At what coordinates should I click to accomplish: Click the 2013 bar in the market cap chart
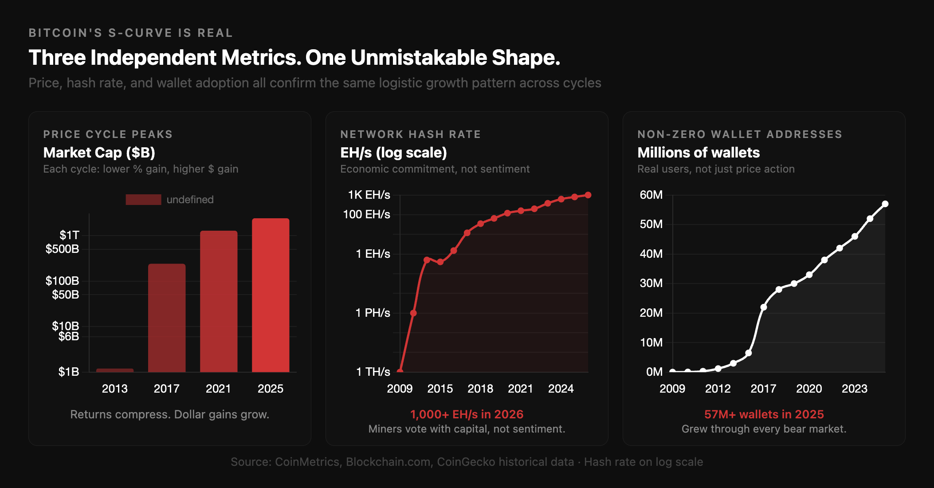[x=115, y=370]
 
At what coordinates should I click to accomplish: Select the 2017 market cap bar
[x=167, y=318]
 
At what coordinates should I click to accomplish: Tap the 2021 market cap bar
[x=219, y=301]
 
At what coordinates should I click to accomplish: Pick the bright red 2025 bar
[x=271, y=295]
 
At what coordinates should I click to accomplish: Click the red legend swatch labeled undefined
[x=143, y=200]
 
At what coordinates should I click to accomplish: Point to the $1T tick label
[x=70, y=235]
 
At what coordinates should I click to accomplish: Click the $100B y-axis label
[x=62, y=281]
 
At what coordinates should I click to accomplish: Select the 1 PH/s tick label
[x=373, y=313]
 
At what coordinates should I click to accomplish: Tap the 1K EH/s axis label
[x=369, y=195]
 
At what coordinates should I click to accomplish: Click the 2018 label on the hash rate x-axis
[x=480, y=389]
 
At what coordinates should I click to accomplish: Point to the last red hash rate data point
[x=588, y=195]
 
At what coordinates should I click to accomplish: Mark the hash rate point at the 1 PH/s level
[x=413, y=313]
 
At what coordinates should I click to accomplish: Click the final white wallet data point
[x=885, y=204]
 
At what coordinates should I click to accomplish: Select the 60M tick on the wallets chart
[x=651, y=195]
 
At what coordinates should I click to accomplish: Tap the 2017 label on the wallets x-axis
[x=763, y=389]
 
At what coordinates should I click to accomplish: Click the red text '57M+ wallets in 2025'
[x=764, y=414]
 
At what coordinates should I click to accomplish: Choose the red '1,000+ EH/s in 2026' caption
[x=467, y=414]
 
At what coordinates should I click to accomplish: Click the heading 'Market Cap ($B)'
[x=99, y=153]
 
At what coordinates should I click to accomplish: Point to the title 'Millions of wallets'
[x=699, y=153]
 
